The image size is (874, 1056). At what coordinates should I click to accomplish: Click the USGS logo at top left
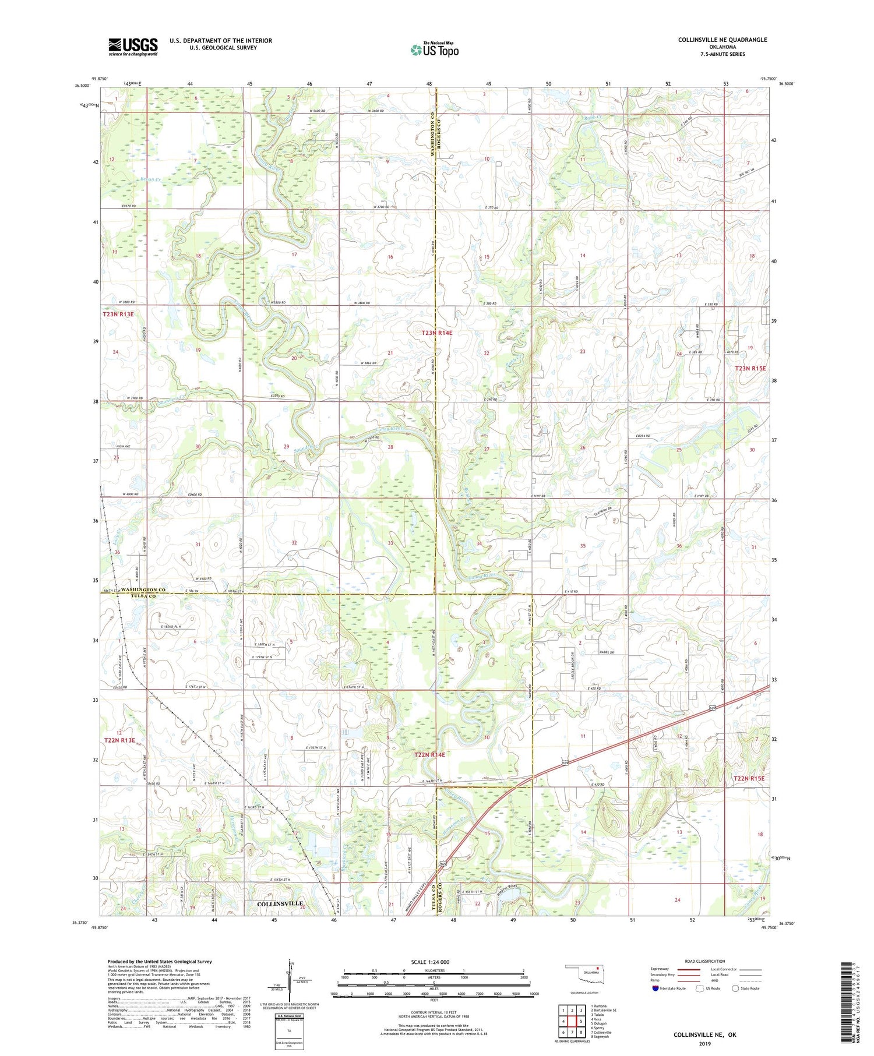[x=133, y=47]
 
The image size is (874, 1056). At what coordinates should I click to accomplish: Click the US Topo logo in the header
[x=434, y=50]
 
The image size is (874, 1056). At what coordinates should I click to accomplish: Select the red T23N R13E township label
[x=118, y=315]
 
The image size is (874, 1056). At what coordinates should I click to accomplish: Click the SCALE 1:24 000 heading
[x=430, y=962]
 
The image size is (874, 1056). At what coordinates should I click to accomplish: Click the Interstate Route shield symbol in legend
[x=656, y=988]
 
